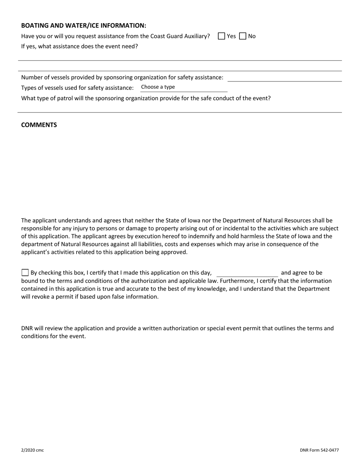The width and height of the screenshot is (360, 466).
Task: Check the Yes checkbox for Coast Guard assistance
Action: click(222, 36)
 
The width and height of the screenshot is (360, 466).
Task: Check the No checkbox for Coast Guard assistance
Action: click(243, 36)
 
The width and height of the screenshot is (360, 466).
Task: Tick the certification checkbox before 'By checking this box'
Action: click(25, 272)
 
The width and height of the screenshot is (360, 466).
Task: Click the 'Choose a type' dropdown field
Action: click(183, 87)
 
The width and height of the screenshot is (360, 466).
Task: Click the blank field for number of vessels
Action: click(284, 77)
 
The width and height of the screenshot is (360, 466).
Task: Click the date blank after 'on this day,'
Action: click(247, 273)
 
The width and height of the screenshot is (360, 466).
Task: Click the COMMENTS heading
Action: click(39, 125)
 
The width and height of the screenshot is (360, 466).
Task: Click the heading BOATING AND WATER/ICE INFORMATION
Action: click(83, 26)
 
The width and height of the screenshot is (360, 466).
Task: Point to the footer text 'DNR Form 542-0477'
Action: click(319, 450)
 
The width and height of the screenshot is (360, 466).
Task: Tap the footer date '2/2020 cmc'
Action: click(32, 450)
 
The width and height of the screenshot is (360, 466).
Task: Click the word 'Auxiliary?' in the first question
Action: click(195, 36)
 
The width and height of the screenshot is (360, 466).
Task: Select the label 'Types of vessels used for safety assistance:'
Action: click(77, 88)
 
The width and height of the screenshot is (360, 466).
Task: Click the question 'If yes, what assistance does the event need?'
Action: click(80, 47)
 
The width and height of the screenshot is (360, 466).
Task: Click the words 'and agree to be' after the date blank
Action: click(302, 273)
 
